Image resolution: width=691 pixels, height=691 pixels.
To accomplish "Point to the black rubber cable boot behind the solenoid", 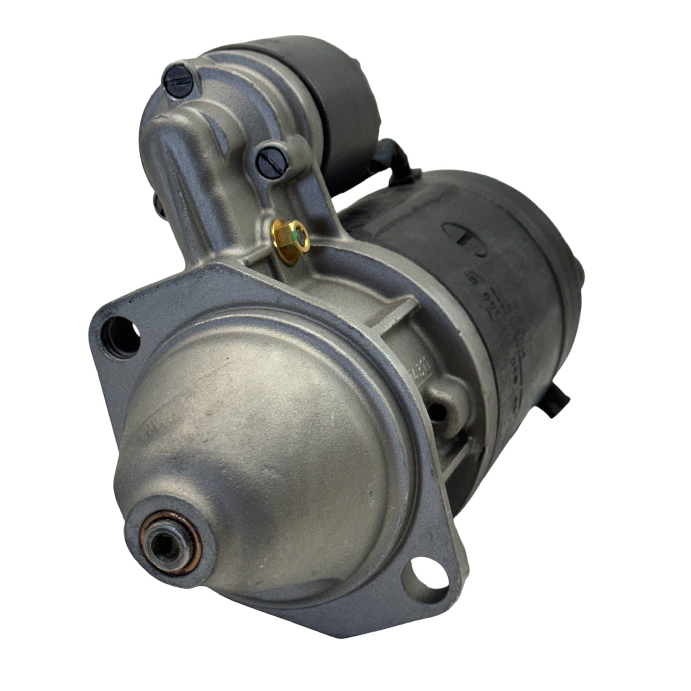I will pyautogui.click(x=393, y=157).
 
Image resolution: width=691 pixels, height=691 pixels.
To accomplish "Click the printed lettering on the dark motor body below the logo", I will pyautogui.click(x=501, y=322).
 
